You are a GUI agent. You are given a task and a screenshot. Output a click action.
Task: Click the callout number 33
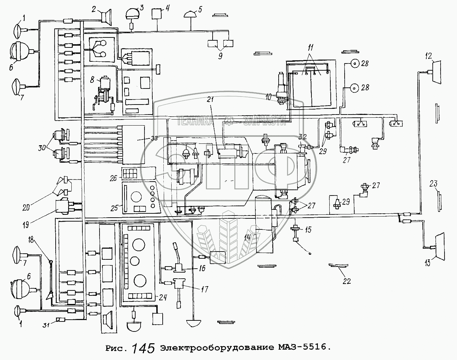click(154, 138)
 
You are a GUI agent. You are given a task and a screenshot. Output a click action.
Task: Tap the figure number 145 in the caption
click(143, 349)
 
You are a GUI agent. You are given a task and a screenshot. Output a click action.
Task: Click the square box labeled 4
click(157, 14)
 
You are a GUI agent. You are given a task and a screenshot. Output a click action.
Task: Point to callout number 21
click(210, 100)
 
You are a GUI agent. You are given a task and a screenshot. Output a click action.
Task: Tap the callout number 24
click(163, 298)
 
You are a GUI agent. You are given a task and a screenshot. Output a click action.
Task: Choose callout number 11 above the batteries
click(310, 47)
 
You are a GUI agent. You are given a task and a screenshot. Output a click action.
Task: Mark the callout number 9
click(220, 56)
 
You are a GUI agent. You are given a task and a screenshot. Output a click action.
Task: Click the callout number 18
click(31, 240)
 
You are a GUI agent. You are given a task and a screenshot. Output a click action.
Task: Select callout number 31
click(46, 325)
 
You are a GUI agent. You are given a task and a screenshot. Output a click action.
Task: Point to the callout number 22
click(346, 281)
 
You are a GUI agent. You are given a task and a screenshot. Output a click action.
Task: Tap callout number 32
click(303, 137)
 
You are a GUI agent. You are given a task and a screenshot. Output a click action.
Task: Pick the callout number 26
click(113, 178)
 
